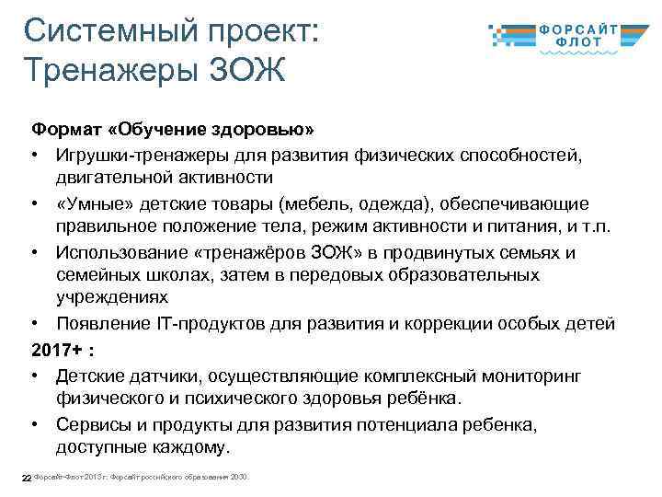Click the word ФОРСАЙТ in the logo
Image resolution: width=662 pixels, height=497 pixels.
(590, 29)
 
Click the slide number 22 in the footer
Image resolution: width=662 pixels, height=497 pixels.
(27, 477)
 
